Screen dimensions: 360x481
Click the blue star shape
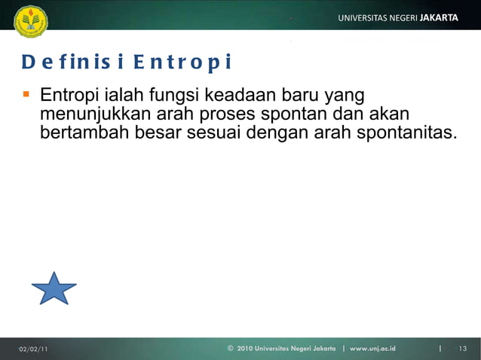[54, 289]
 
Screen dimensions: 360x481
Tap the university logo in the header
[30, 21]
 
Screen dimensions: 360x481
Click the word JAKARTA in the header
[439, 17]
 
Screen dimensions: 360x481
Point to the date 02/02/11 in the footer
[33, 348]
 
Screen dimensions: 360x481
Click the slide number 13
[462, 348]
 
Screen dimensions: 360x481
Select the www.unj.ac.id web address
[373, 348]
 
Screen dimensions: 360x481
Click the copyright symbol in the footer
[230, 348]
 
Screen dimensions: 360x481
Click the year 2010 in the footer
[245, 348]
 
